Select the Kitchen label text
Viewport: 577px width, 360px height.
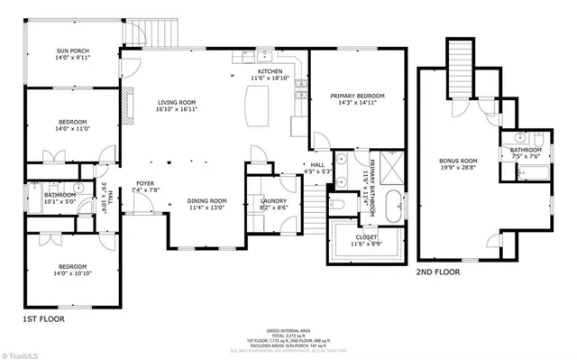(x=270, y=70)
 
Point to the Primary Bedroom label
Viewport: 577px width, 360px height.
(x=357, y=95)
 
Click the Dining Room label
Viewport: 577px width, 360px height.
(x=206, y=200)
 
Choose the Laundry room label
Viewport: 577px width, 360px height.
(x=273, y=200)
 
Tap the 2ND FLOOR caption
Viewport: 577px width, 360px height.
(x=438, y=271)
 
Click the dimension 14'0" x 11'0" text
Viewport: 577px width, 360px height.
(x=74, y=129)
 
